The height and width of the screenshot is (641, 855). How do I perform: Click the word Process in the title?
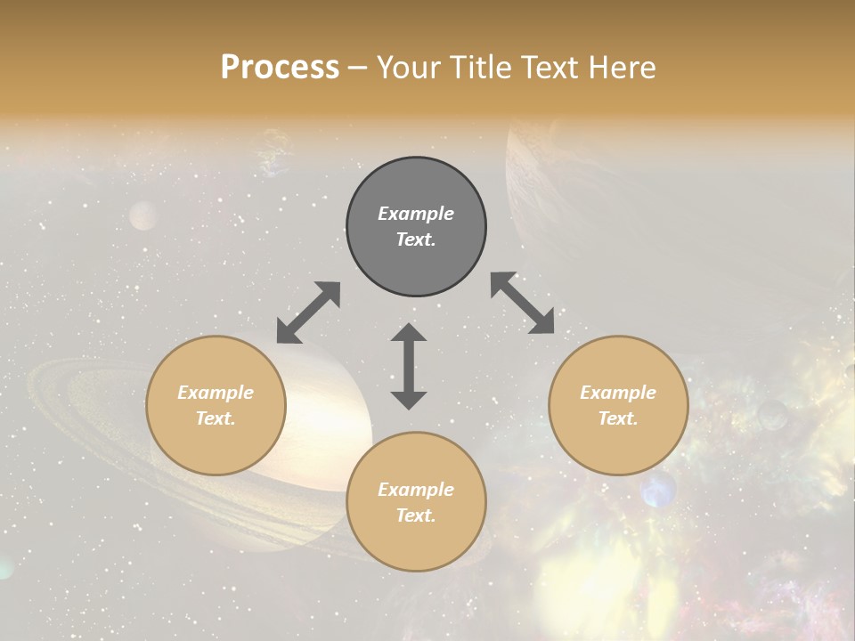point(280,68)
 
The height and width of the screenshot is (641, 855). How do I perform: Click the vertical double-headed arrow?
point(409,366)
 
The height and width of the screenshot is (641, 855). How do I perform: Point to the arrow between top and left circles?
point(308,312)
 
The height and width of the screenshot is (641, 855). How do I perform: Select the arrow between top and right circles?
point(523,304)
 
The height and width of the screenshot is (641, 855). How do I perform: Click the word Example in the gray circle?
point(416,214)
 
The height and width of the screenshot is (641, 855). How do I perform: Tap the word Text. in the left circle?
point(216,418)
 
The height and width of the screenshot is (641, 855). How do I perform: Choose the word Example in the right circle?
point(618,393)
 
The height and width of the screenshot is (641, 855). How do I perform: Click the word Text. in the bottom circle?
point(416,515)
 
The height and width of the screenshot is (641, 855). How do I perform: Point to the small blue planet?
point(658,490)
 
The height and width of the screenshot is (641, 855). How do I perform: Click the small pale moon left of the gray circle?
point(142,215)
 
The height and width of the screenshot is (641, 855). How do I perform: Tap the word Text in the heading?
point(550,68)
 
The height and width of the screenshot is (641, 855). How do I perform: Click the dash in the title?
point(357,69)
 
